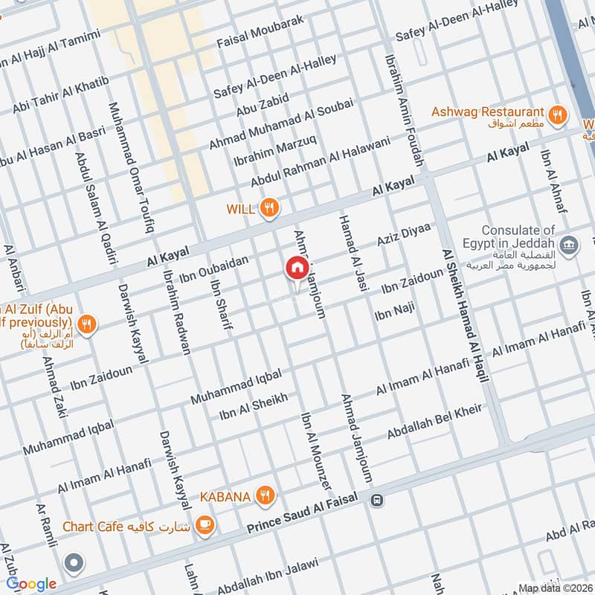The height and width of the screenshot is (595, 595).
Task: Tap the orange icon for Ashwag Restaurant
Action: click(556, 115)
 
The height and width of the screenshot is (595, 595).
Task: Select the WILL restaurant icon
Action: click(270, 209)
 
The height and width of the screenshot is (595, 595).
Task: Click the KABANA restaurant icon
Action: click(264, 495)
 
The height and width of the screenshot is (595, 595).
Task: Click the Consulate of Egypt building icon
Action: click(570, 245)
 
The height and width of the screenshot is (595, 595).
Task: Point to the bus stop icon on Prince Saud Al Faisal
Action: click(378, 501)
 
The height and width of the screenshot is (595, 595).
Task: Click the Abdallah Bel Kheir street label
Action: click(435, 422)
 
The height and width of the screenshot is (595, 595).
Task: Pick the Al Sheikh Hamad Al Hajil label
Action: click(465, 315)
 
